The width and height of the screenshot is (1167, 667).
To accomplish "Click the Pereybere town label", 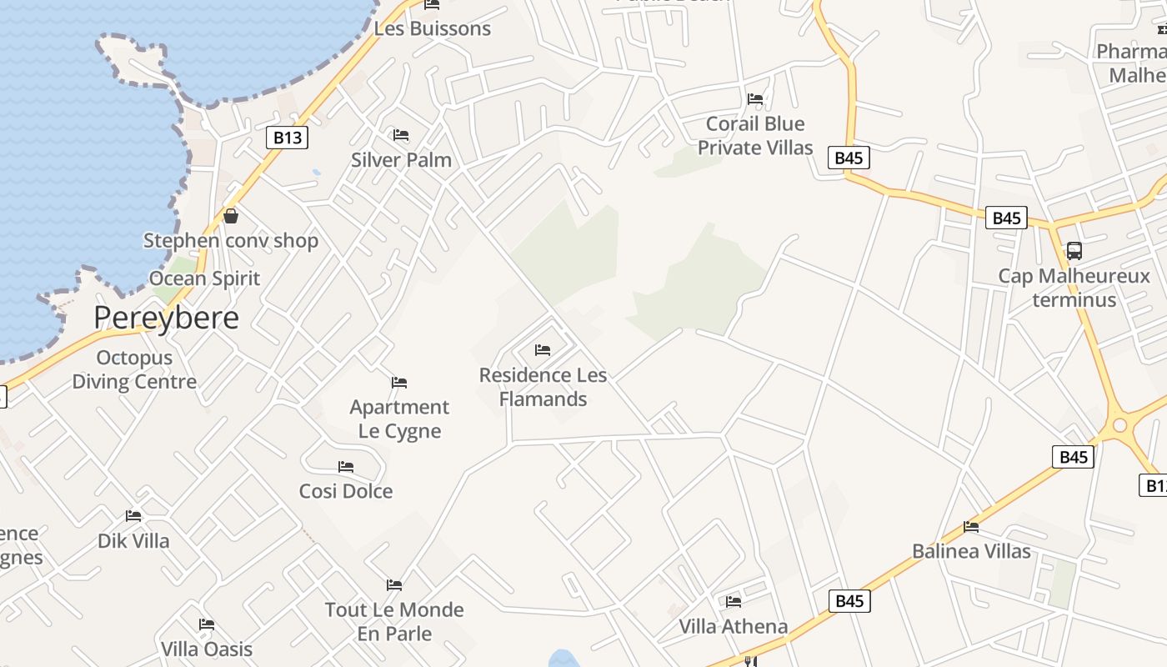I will point(166,318).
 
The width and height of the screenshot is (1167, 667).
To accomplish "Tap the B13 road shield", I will point(287,138).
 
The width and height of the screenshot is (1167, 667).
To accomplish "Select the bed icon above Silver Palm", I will point(401,135).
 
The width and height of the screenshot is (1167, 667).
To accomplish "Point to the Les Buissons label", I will point(432,28).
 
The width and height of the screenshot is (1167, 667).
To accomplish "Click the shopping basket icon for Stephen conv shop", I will point(231,216).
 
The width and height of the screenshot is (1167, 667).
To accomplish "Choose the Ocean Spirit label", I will point(205,278).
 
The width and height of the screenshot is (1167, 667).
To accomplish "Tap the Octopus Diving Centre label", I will point(134,369).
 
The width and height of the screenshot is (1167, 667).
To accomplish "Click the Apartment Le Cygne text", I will point(399,419).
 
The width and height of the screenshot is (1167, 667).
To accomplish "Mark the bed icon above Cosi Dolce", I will point(346,467).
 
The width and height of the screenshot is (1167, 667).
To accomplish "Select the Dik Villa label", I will point(133,540).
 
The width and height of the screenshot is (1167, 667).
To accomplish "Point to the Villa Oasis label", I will point(207,649).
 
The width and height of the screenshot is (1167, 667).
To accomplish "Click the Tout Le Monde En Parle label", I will point(394,621).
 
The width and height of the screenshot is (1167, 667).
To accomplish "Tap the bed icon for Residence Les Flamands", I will point(543,350).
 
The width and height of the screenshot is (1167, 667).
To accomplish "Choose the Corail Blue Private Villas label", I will point(755,135).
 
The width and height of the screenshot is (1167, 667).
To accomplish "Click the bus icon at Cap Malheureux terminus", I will point(1074,250).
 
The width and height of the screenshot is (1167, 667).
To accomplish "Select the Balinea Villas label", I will point(971,551).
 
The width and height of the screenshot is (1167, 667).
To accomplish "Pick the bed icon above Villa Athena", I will point(734,601).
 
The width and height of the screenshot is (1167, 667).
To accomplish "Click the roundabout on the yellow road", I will point(1119,426).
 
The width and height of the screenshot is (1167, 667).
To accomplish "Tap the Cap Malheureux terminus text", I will point(1074,288).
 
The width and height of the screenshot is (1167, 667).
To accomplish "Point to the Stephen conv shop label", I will point(231,241).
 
